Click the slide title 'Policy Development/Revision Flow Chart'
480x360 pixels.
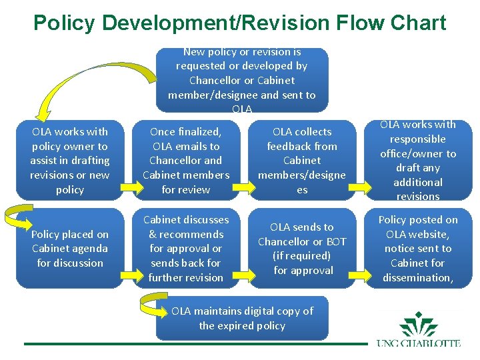tap(239, 23)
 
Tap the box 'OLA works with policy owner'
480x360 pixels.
tap(69, 160)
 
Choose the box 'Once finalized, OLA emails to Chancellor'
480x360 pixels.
tap(185, 160)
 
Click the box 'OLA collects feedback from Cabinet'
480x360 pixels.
tap(301, 160)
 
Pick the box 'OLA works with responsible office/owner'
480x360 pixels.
tap(418, 160)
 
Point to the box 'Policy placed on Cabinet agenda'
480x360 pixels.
tap(69, 248)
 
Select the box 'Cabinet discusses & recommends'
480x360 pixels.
tap(185, 248)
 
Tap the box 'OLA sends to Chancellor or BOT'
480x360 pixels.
tap(301, 248)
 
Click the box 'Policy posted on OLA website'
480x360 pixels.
tap(418, 248)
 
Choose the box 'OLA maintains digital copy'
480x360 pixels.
tap(241, 319)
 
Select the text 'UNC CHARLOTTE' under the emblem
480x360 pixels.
tap(419, 344)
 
